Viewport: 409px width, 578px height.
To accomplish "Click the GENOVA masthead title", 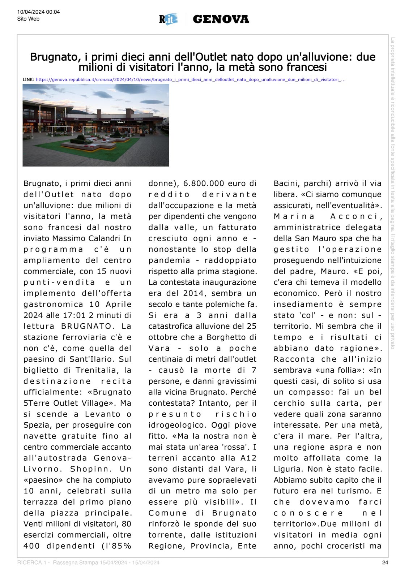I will [x=221, y=19].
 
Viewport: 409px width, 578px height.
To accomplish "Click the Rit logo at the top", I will [x=169, y=19].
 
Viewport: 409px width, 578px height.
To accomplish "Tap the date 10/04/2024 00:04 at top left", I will [x=38, y=12].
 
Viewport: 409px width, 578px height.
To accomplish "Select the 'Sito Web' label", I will [x=28, y=19].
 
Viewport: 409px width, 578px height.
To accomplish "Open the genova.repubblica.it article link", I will [x=191, y=79].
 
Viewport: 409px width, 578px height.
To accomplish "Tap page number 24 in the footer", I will [x=385, y=562].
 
